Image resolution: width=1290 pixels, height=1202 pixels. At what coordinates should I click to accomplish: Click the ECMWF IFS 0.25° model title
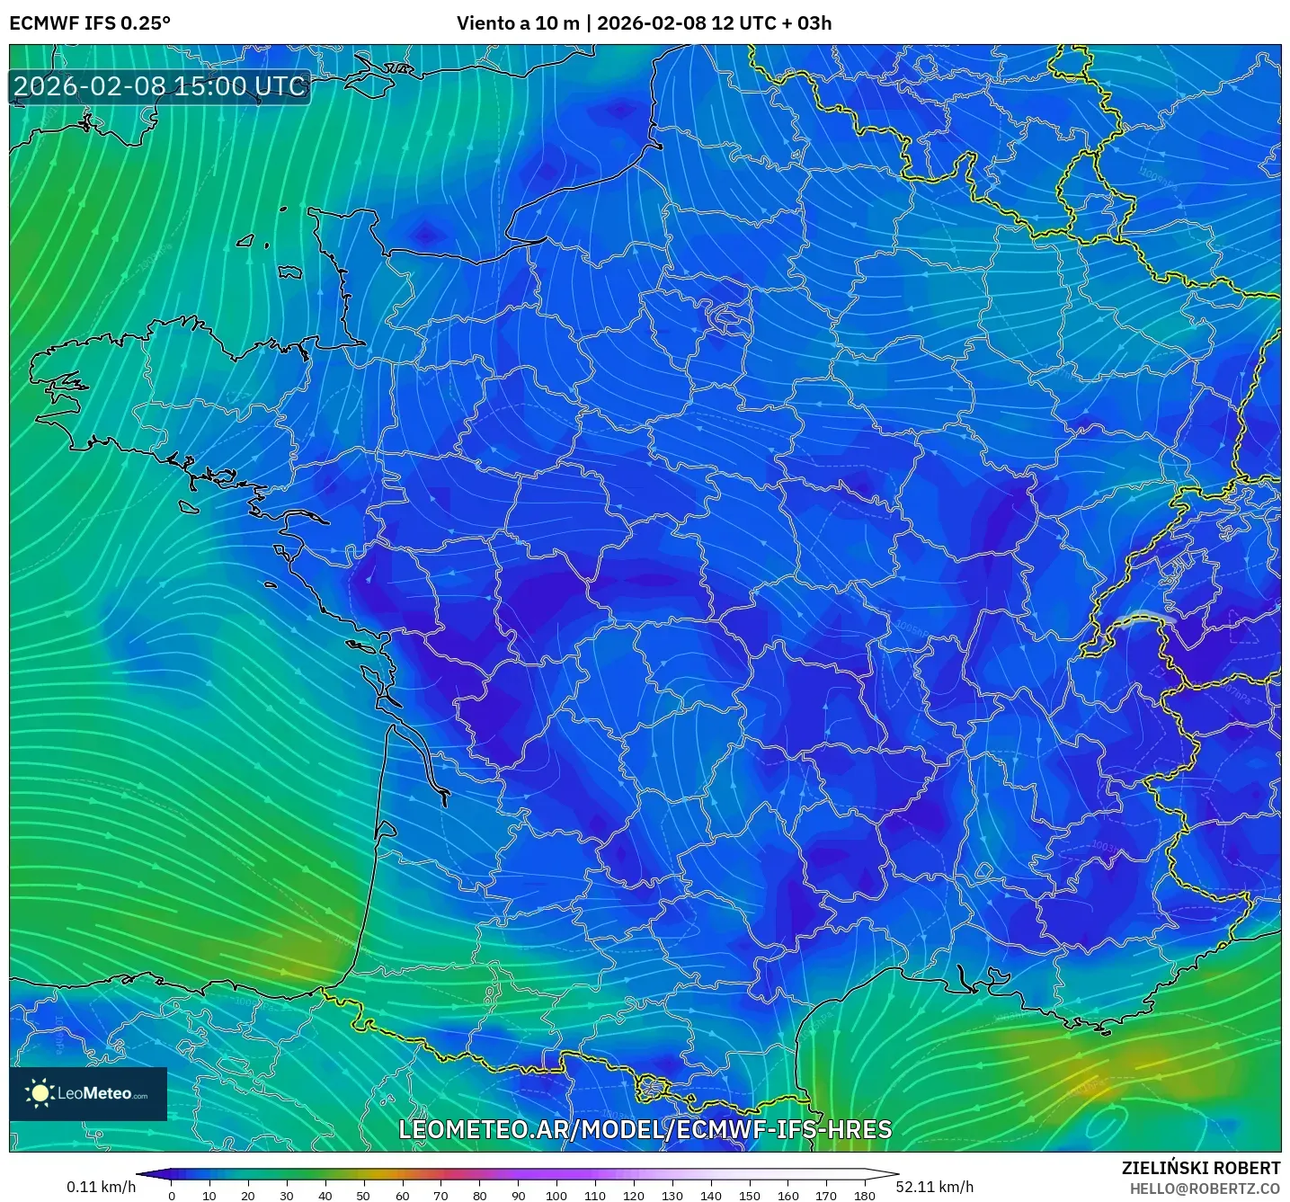point(90,23)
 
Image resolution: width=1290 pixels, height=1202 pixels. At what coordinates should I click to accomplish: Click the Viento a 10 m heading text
point(518,23)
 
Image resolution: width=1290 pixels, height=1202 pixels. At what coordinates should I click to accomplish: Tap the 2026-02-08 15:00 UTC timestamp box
point(160,86)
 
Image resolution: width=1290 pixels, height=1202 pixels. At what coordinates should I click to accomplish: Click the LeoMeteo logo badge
point(88,1093)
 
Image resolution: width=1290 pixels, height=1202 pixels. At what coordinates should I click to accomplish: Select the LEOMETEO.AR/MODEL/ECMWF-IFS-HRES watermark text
point(645,1130)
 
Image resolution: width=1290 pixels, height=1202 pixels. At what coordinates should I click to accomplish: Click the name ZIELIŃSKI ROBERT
point(1201,1168)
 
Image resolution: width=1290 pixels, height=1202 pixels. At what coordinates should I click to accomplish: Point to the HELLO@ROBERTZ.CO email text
point(1205,1189)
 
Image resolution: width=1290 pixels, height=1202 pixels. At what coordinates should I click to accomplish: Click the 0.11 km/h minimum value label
point(101,1187)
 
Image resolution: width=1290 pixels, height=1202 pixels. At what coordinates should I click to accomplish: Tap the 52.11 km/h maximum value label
point(935,1187)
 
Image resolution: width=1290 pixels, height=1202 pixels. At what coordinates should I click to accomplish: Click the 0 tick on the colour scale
point(172,1196)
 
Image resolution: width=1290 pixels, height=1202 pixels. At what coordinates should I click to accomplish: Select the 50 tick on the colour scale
point(363,1196)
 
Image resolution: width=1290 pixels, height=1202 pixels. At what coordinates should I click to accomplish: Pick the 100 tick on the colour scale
point(556,1196)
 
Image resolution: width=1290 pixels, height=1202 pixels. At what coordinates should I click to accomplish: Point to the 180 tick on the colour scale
point(865,1196)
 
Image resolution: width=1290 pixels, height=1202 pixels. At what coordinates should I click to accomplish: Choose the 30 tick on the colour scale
point(287,1196)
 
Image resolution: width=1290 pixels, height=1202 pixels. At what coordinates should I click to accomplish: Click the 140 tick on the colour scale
point(711,1196)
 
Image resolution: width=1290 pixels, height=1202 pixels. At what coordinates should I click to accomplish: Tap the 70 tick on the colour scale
point(440,1196)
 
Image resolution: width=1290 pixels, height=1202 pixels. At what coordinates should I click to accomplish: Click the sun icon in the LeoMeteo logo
point(40,1093)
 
